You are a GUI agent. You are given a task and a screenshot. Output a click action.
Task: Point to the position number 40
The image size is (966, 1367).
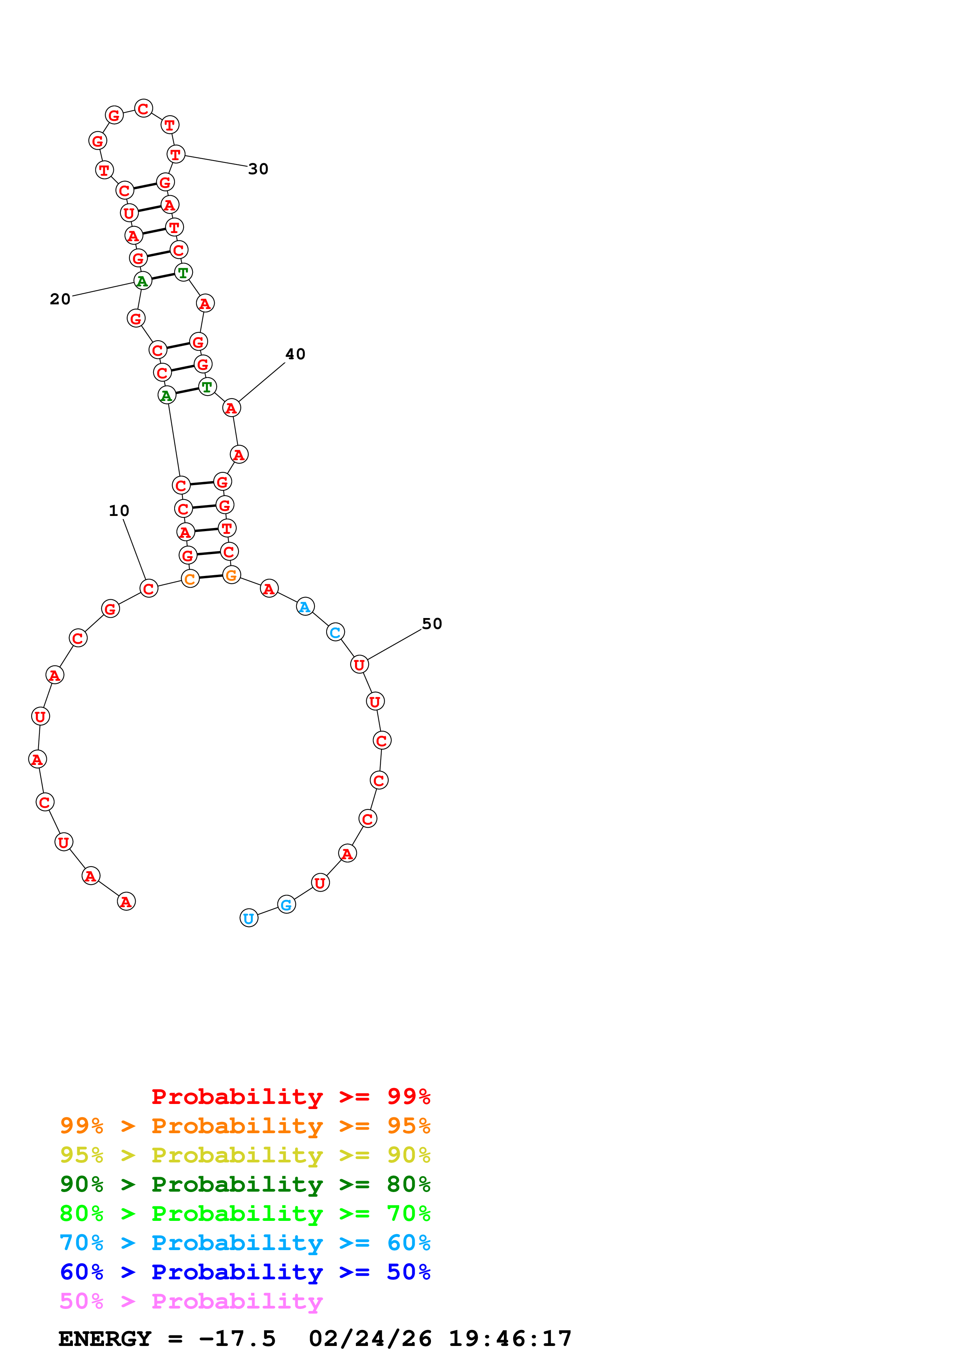(295, 354)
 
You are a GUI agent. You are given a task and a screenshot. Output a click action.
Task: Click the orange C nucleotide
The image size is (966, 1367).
(190, 578)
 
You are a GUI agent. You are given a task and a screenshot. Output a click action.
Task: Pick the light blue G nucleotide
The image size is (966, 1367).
(286, 904)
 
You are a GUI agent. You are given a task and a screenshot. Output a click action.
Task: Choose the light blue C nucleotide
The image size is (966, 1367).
(335, 632)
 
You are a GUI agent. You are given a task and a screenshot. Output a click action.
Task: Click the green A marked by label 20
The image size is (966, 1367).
(142, 281)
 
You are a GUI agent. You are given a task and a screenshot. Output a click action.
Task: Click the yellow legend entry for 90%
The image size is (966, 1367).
(245, 1155)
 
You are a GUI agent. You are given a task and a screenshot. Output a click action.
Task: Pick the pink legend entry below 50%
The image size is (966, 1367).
(191, 1300)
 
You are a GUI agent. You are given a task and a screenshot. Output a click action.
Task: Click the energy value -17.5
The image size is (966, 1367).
(237, 1339)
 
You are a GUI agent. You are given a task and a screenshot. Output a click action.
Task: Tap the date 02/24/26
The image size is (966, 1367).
(370, 1339)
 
